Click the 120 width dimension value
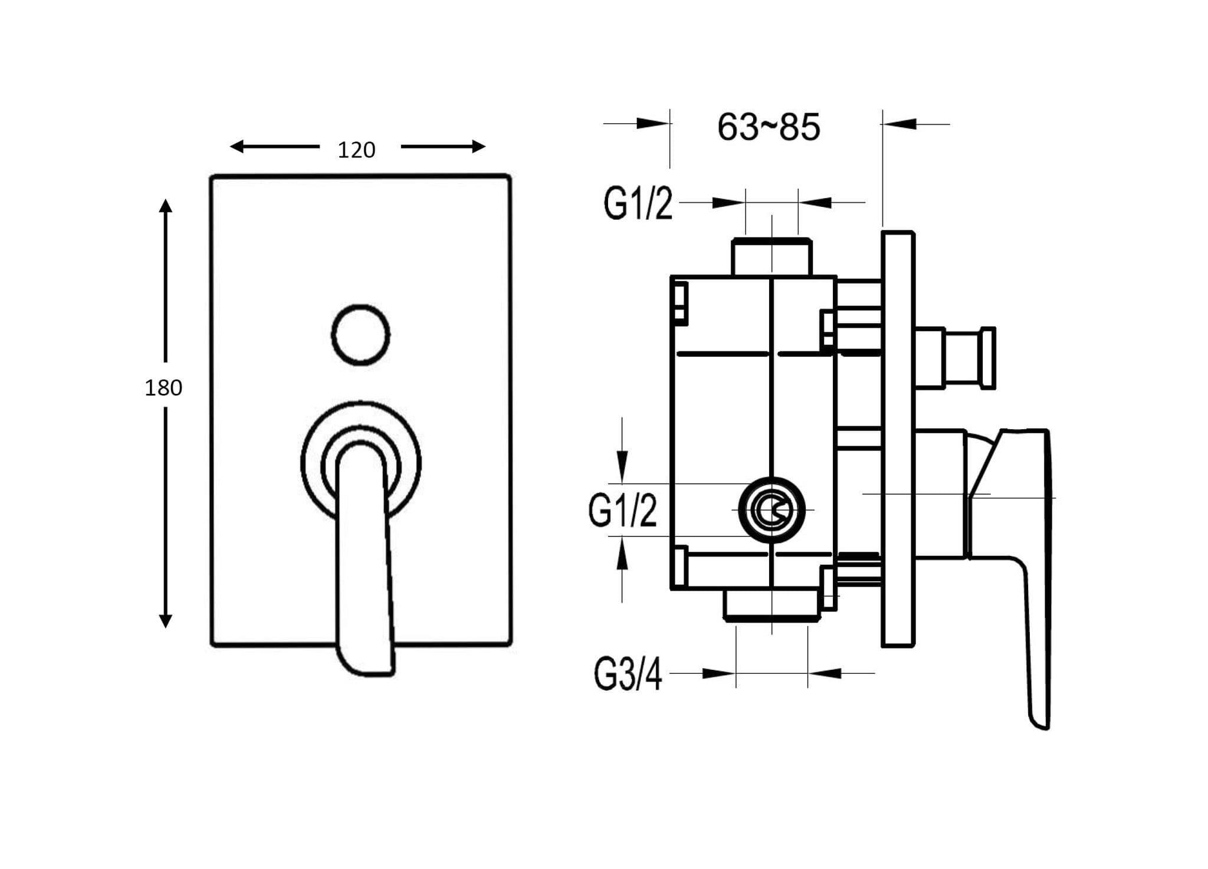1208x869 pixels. click(x=356, y=150)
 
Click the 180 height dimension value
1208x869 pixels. click(x=163, y=388)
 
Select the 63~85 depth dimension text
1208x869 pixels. click(x=769, y=127)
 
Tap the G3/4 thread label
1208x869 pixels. click(x=628, y=674)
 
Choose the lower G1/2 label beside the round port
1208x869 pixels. click(x=622, y=511)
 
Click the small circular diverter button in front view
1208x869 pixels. click(x=360, y=334)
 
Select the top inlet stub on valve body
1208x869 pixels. click(x=772, y=257)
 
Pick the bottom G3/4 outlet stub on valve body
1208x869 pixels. click(x=772, y=604)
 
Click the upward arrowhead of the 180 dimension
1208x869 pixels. click(x=166, y=206)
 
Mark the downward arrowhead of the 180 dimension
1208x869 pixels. click(x=166, y=620)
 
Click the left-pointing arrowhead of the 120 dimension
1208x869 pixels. click(x=237, y=146)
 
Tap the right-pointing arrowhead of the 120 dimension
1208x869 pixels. click(x=478, y=146)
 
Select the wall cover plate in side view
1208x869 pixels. click(x=897, y=439)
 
